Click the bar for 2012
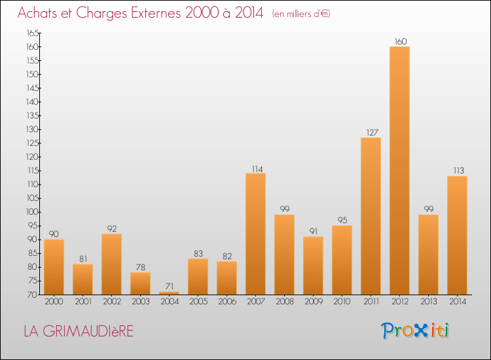point(400,170)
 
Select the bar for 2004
point(169,293)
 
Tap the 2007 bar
point(255,234)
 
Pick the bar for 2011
point(371,216)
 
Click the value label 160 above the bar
point(400,42)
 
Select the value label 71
point(169,287)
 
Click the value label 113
point(458,171)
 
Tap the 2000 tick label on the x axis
point(54,301)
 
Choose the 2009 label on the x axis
point(313,301)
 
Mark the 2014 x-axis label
point(458,301)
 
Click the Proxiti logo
point(416,331)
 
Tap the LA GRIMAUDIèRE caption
point(78,331)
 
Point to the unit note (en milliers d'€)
point(301,14)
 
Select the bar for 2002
point(111,264)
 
